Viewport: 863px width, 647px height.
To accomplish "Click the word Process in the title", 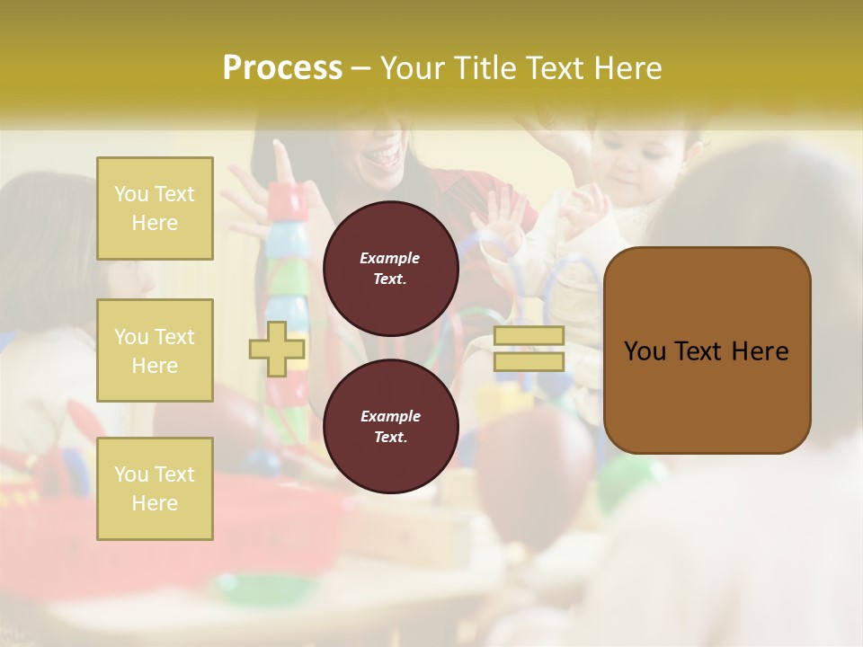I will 282,68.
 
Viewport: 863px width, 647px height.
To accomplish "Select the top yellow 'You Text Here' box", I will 155,208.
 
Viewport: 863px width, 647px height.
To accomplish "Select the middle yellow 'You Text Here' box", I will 155,350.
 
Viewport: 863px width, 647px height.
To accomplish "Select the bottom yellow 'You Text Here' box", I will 155,488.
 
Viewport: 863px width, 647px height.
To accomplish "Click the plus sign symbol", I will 277,349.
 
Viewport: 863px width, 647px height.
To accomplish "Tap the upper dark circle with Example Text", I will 390,269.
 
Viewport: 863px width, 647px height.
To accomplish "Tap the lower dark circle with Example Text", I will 390,426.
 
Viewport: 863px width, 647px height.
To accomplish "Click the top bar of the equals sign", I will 529,336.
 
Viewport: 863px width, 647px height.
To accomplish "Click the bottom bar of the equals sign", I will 529,361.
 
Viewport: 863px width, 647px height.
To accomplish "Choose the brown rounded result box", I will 707,350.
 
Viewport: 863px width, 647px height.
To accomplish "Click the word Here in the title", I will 626,68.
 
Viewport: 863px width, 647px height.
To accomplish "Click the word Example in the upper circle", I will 389,258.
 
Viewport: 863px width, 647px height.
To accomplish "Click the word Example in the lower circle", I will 390,416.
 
